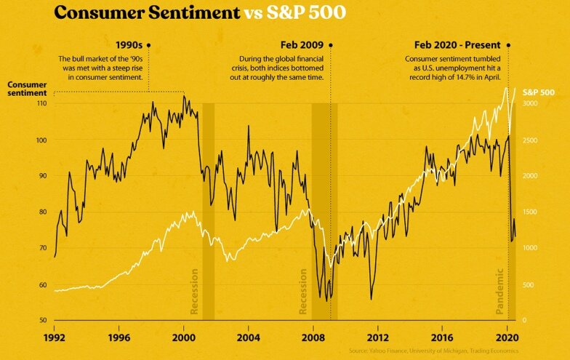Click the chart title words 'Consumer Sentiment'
point(147,13)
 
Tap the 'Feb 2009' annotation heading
point(302,45)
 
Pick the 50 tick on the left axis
point(42,321)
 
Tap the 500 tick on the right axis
point(529,284)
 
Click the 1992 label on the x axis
point(55,338)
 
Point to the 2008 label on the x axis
point(313,338)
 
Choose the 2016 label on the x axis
point(442,338)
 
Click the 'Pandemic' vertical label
point(500,292)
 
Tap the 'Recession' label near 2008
point(304,292)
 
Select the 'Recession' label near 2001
point(194,292)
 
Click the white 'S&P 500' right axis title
point(539,92)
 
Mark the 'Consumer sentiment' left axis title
point(28,89)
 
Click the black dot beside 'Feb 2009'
point(331,45)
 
